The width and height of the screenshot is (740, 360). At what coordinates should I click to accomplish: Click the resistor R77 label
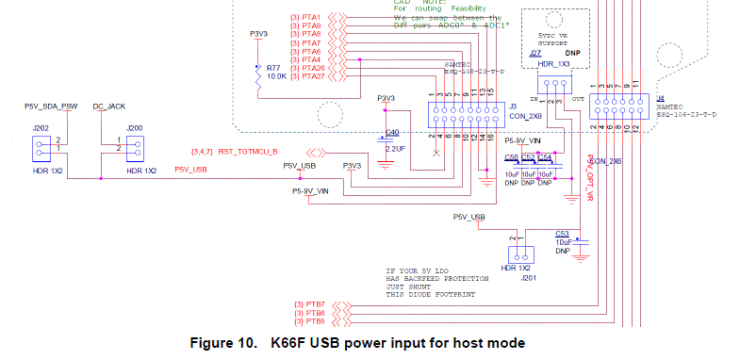272,69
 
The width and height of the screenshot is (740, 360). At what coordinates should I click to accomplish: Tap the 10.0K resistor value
276,76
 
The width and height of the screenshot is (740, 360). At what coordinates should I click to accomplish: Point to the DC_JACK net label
109,107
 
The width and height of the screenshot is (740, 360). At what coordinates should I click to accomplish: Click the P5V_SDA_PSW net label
50,107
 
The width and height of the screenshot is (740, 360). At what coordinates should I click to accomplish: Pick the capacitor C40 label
392,132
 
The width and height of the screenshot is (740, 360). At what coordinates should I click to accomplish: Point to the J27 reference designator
535,54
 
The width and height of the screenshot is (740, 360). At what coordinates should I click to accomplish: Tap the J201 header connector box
520,255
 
